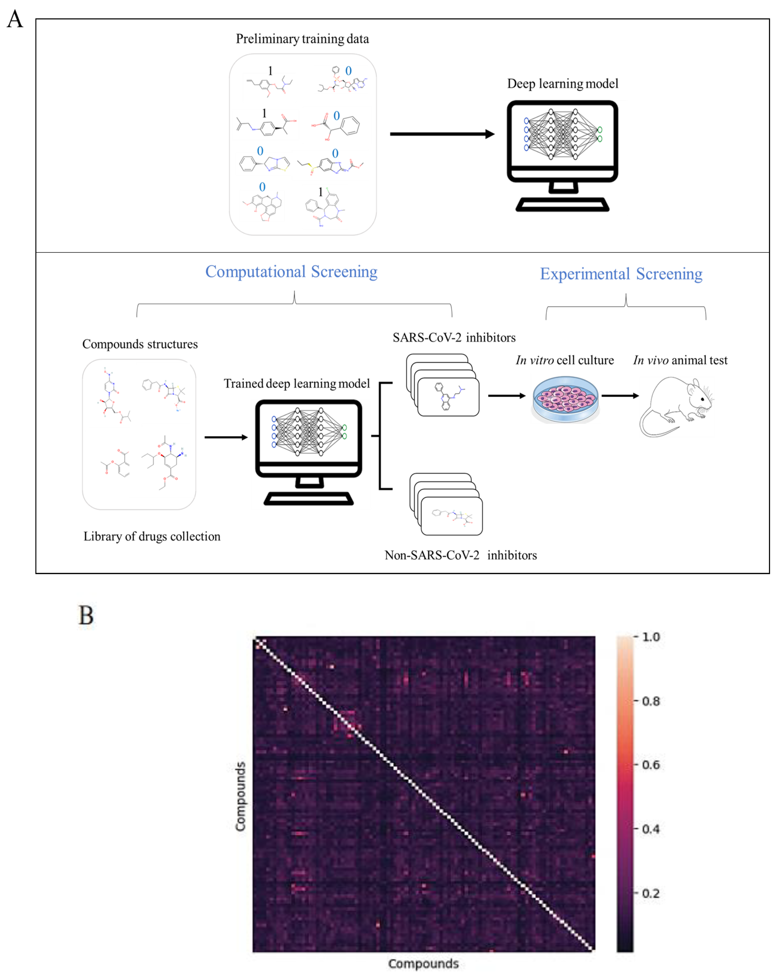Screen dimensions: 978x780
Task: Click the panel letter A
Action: point(15,19)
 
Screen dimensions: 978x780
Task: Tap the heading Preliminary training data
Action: point(302,39)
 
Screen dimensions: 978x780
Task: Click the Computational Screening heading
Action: point(291,272)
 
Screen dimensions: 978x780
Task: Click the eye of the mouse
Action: point(703,399)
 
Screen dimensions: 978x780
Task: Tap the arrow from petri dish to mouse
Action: point(620,396)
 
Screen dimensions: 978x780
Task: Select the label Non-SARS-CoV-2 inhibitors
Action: point(461,555)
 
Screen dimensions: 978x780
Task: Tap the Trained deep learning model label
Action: point(297,384)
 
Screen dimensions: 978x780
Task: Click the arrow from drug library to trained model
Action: point(226,437)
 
